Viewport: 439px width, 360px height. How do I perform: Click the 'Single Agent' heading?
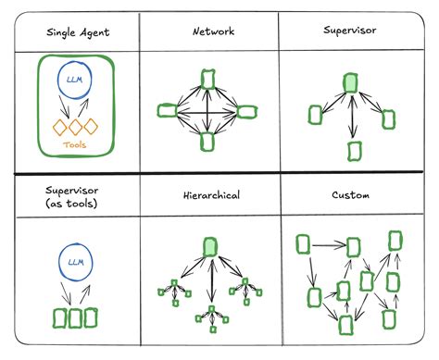coord(77,32)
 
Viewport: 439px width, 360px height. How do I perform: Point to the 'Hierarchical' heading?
coord(212,196)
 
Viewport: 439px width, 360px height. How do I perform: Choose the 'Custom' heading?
coord(349,196)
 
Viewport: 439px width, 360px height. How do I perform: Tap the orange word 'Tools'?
coord(75,144)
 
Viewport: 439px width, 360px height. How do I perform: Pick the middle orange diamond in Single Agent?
coord(75,127)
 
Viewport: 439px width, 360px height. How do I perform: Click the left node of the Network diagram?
coord(167,111)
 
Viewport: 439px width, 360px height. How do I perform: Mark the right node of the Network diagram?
coord(247,111)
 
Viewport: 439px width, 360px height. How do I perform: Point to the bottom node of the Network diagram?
coord(207,142)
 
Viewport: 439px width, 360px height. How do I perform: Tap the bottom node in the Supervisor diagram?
coord(353,149)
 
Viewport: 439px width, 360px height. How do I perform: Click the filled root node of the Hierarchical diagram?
coord(210,245)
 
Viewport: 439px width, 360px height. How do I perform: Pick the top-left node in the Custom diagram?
coord(302,244)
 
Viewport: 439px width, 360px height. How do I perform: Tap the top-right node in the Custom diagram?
coord(395,242)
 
